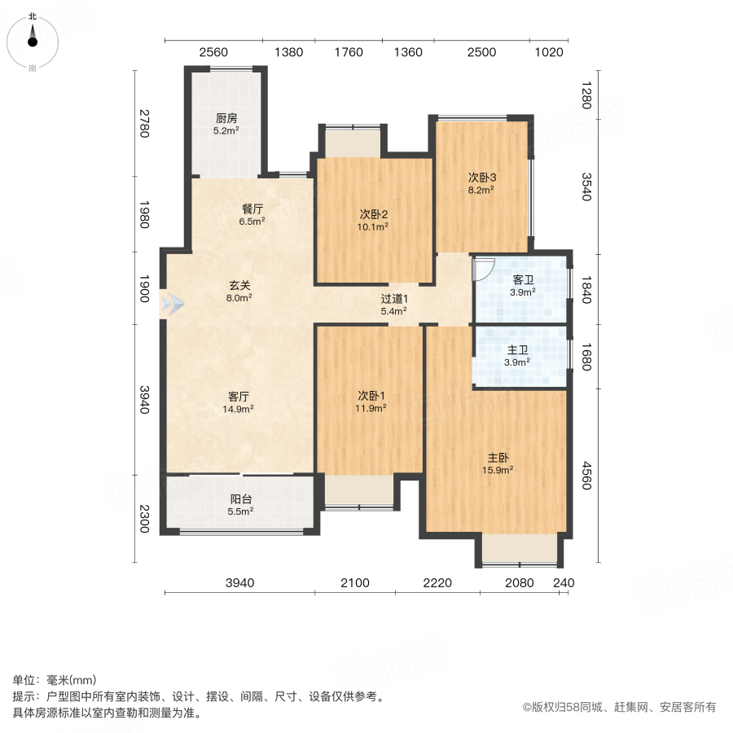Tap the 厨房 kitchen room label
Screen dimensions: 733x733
coord(226,123)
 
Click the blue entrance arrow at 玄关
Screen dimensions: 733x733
coord(172,305)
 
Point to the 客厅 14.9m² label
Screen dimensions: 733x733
coord(239,402)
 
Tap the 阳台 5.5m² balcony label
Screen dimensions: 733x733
coord(240,504)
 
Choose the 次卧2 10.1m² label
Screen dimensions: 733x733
coord(374,220)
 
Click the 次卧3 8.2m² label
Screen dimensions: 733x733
coord(481,182)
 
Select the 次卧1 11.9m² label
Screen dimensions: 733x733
coord(371,402)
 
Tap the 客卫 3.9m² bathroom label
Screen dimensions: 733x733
coord(523,285)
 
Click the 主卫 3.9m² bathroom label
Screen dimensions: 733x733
coord(516,355)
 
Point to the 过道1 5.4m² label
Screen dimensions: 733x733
coord(394,304)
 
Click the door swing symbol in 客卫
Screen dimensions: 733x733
coord(481,268)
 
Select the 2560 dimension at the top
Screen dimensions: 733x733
coord(213,52)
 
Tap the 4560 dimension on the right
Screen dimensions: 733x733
coord(584,476)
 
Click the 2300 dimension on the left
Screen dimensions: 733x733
coord(143,519)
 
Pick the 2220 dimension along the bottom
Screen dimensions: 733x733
coord(437,582)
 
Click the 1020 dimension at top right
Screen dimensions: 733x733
coord(550,52)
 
